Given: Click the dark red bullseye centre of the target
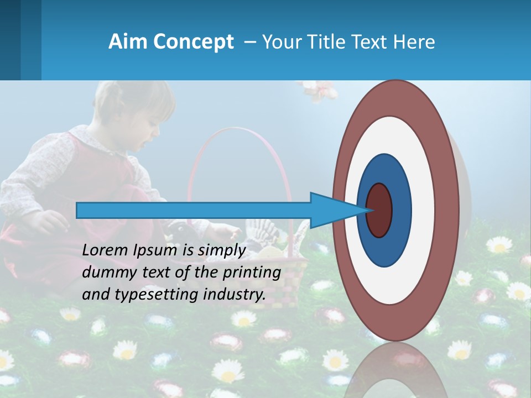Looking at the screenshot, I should pos(379,210).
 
